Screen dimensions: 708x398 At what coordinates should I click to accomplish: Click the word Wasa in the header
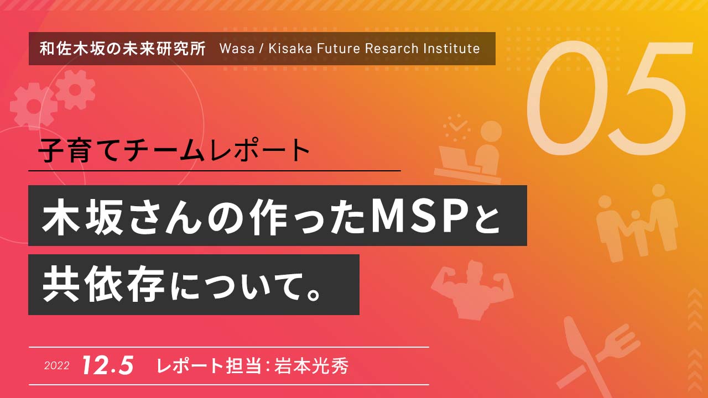click(x=237, y=49)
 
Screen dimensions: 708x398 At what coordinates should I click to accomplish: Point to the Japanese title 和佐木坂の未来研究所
click(x=123, y=49)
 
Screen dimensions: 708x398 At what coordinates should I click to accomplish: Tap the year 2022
click(x=57, y=365)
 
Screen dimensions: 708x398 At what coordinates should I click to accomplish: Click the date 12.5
click(x=108, y=365)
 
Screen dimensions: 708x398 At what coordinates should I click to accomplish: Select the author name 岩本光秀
click(x=311, y=366)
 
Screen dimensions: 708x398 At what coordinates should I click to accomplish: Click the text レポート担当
click(x=209, y=366)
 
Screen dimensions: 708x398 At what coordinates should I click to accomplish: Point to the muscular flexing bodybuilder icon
click(x=472, y=290)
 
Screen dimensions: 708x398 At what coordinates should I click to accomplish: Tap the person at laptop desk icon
click(x=470, y=152)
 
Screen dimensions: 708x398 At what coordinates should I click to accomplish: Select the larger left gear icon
click(x=33, y=106)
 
